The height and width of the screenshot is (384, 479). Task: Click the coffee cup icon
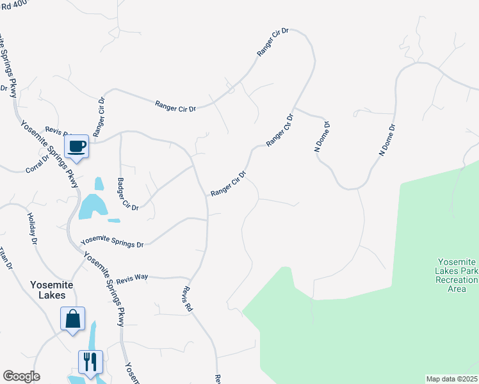click(77, 146)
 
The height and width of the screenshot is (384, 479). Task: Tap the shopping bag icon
click(73, 318)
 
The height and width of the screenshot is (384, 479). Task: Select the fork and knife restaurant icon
click(90, 361)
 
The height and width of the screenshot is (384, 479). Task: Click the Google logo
click(21, 376)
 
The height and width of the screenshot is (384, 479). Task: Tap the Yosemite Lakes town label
click(51, 290)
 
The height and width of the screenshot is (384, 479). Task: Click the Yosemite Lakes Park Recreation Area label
click(457, 275)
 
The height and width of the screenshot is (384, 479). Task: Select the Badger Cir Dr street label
click(127, 194)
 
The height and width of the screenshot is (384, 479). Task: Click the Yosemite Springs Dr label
click(112, 242)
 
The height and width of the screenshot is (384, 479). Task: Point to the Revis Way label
click(132, 276)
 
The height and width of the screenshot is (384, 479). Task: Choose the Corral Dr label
click(37, 162)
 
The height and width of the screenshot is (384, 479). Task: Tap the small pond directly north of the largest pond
click(99, 184)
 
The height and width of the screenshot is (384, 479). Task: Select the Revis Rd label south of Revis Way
click(187, 299)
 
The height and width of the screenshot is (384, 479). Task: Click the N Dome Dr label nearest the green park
click(387, 140)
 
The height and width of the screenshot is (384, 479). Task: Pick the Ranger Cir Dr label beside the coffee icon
click(99, 118)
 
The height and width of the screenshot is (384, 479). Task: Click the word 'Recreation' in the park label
click(457, 280)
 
